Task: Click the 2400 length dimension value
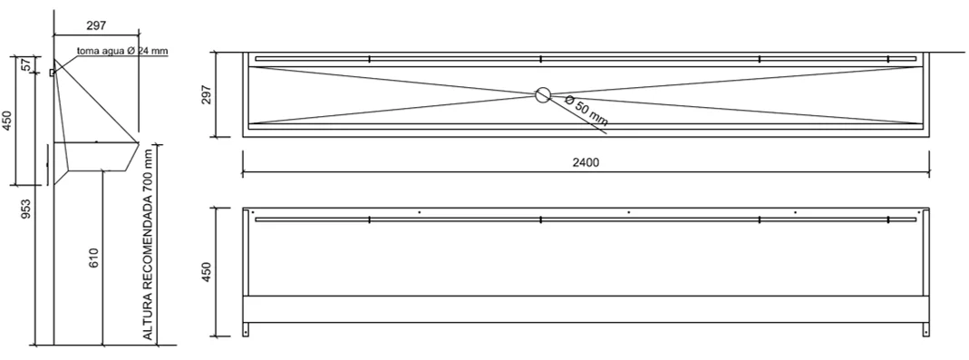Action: [586, 162]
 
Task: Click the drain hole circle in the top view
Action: [543, 94]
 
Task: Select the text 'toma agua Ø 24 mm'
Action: [122, 51]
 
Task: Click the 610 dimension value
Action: [94, 258]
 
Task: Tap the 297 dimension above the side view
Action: [96, 25]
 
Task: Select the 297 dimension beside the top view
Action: [207, 94]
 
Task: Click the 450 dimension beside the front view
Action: [207, 272]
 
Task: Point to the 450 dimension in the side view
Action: [6, 122]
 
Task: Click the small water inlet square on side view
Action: [52, 73]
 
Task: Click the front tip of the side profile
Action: [139, 142]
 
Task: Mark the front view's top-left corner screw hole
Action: [252, 212]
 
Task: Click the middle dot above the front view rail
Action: [628, 212]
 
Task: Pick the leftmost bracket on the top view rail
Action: [369, 59]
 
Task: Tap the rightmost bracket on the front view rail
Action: [888, 220]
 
